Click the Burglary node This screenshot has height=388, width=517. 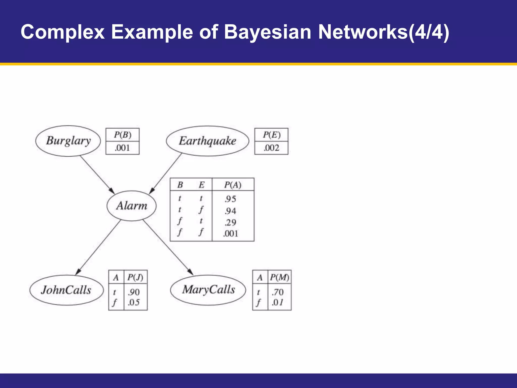click(x=68, y=141)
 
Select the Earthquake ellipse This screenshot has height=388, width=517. click(x=208, y=141)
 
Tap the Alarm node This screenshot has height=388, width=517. click(x=132, y=206)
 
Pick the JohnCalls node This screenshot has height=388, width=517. click(x=66, y=290)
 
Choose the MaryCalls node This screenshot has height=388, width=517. click(x=208, y=290)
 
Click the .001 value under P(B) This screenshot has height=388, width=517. click(x=122, y=148)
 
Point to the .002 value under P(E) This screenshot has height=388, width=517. click(x=271, y=148)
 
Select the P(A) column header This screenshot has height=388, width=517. click(x=233, y=185)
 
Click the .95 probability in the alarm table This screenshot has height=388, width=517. click(x=230, y=199)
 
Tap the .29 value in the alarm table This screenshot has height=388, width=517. click(x=230, y=222)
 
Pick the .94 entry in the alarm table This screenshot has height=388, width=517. click(x=230, y=211)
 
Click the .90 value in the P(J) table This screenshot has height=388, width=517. click(x=134, y=292)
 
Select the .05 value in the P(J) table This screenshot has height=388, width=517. click(x=134, y=302)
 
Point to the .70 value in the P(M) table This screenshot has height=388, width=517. click(x=277, y=292)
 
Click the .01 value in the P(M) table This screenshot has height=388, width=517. click(x=277, y=302)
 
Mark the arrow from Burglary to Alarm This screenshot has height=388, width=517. click(x=97, y=174)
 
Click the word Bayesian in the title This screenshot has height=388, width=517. click(x=268, y=32)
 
